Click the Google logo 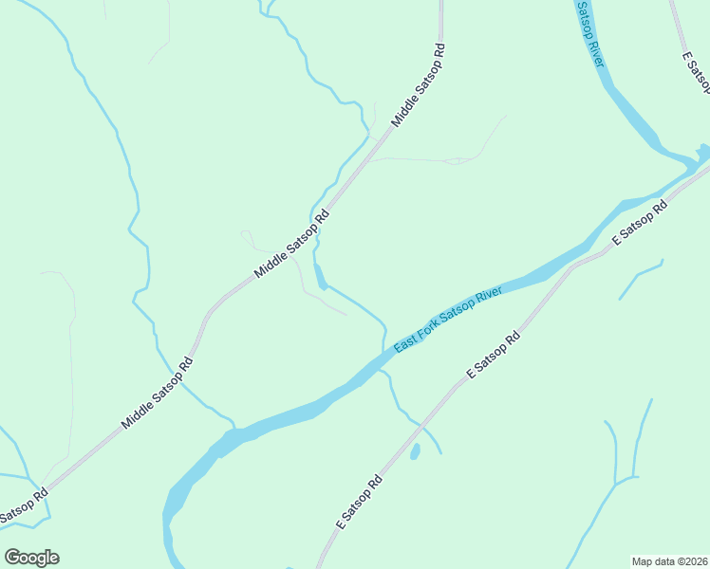pyautogui.click(x=31, y=558)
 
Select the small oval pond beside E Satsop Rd pyautogui.click(x=415, y=451)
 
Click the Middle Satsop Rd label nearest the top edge pyautogui.click(x=419, y=84)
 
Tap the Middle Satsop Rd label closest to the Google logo pyautogui.click(x=157, y=392)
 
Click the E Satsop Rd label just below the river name pyautogui.click(x=495, y=356)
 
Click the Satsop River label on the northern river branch pyautogui.click(x=590, y=34)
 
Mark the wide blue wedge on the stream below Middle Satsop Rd pyautogui.click(x=322, y=276)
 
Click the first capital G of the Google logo pyautogui.click(x=12, y=557)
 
